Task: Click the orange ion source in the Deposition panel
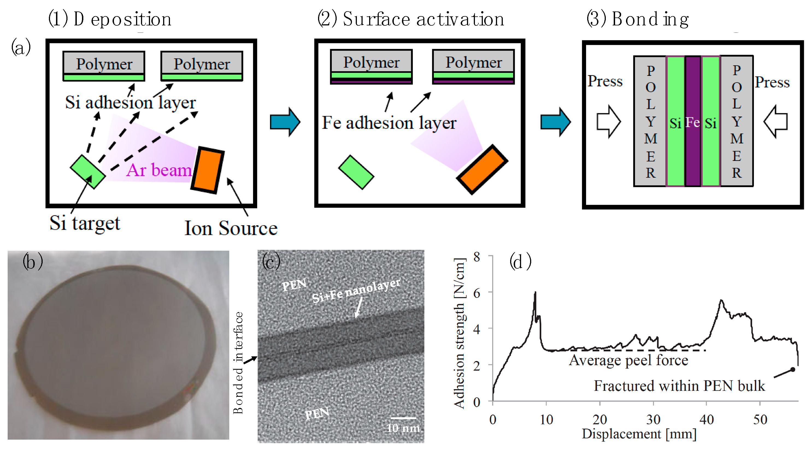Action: click(x=207, y=170)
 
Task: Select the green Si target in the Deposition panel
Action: click(x=87, y=172)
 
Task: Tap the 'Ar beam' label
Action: click(x=159, y=170)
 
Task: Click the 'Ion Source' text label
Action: click(x=231, y=228)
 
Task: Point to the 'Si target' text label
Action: click(x=85, y=223)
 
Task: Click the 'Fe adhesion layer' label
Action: click(x=389, y=123)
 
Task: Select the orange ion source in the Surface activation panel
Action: click(x=482, y=170)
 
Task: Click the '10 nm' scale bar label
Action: click(x=403, y=428)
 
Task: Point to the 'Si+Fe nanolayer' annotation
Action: click(x=356, y=291)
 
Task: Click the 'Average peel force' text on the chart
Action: click(x=628, y=360)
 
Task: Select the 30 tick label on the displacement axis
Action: click(x=653, y=420)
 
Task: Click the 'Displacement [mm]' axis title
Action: click(x=639, y=434)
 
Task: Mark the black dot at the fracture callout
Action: click(x=793, y=369)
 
